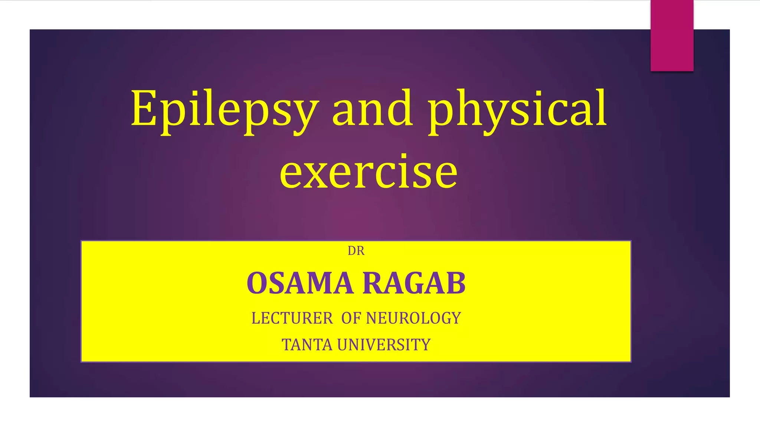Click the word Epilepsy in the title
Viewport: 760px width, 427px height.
[x=225, y=109]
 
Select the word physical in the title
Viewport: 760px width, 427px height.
[x=518, y=109]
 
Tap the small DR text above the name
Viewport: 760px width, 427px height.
[x=356, y=251]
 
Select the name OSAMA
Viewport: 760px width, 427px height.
[x=300, y=283]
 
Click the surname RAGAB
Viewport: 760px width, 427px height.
[x=414, y=283]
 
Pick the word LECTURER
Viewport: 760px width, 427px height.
[x=292, y=318]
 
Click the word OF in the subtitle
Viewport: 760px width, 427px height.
[x=351, y=318]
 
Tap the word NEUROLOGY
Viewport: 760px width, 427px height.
[x=413, y=318]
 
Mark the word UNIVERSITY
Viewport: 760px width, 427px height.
[x=384, y=345]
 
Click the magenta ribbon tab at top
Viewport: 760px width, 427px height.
[x=672, y=35]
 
